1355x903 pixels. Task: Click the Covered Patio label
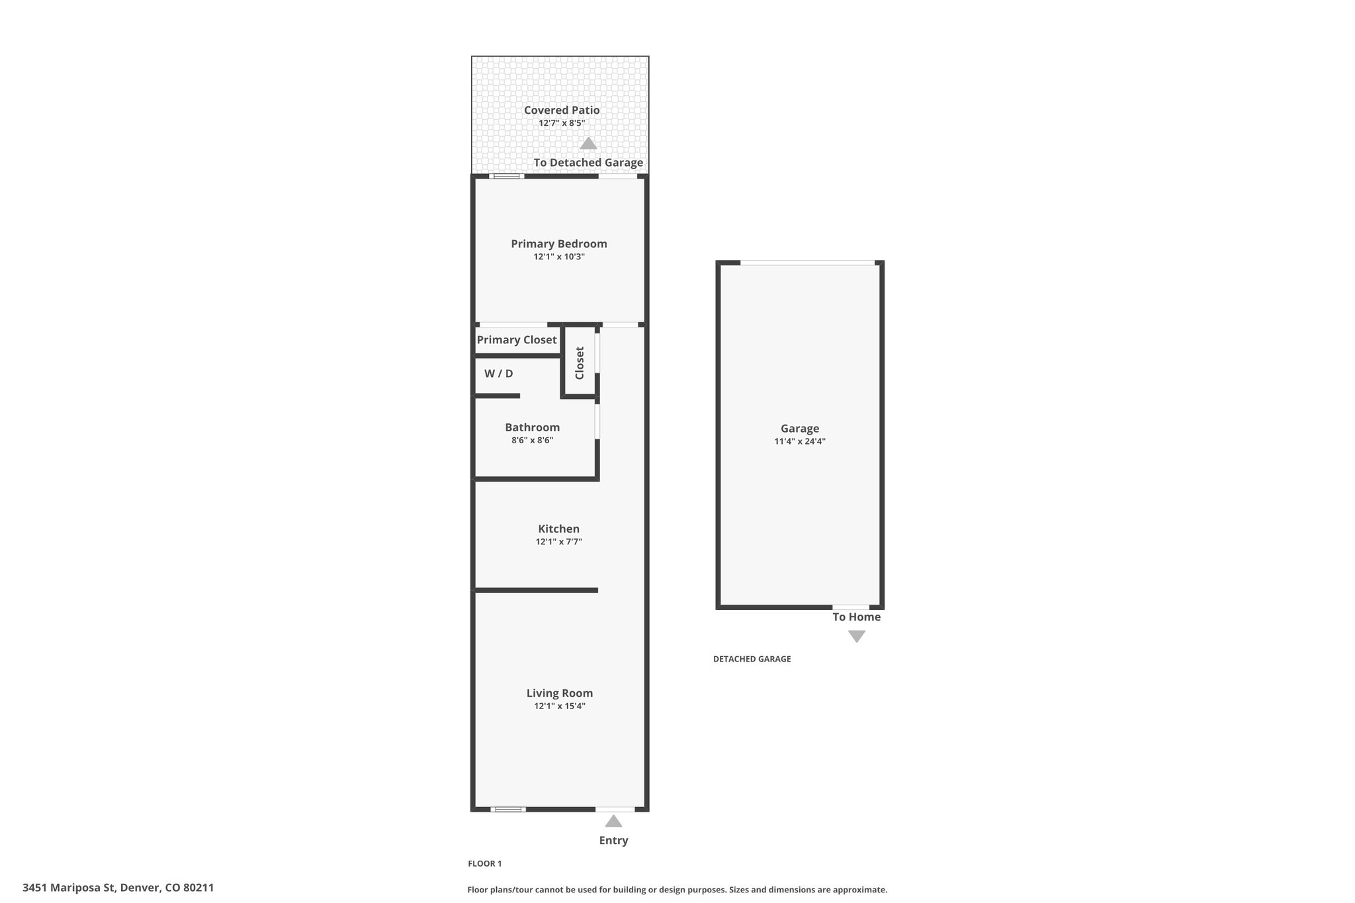[562, 110]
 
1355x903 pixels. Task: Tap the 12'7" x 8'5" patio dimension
[562, 123]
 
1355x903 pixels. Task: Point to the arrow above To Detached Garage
[588, 143]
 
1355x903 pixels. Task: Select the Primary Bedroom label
[559, 244]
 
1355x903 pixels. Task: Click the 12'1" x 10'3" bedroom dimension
[559, 257]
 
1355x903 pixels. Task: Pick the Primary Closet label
[517, 340]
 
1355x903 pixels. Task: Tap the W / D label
[498, 374]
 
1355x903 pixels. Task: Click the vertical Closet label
[580, 363]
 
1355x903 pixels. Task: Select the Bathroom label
[533, 427]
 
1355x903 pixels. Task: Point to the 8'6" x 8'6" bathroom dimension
[533, 440]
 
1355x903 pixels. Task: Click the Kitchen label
[559, 529]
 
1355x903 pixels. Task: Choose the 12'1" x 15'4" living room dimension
[560, 706]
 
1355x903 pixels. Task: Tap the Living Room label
[560, 693]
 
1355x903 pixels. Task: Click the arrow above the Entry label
[613, 821]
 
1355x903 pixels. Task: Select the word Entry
[613, 841]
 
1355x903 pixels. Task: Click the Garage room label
[800, 429]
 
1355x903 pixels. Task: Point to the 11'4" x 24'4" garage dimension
[800, 441]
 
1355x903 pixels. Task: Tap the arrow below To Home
[857, 636]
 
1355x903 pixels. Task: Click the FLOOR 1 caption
[485, 863]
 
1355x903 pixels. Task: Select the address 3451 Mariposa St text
[69, 888]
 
